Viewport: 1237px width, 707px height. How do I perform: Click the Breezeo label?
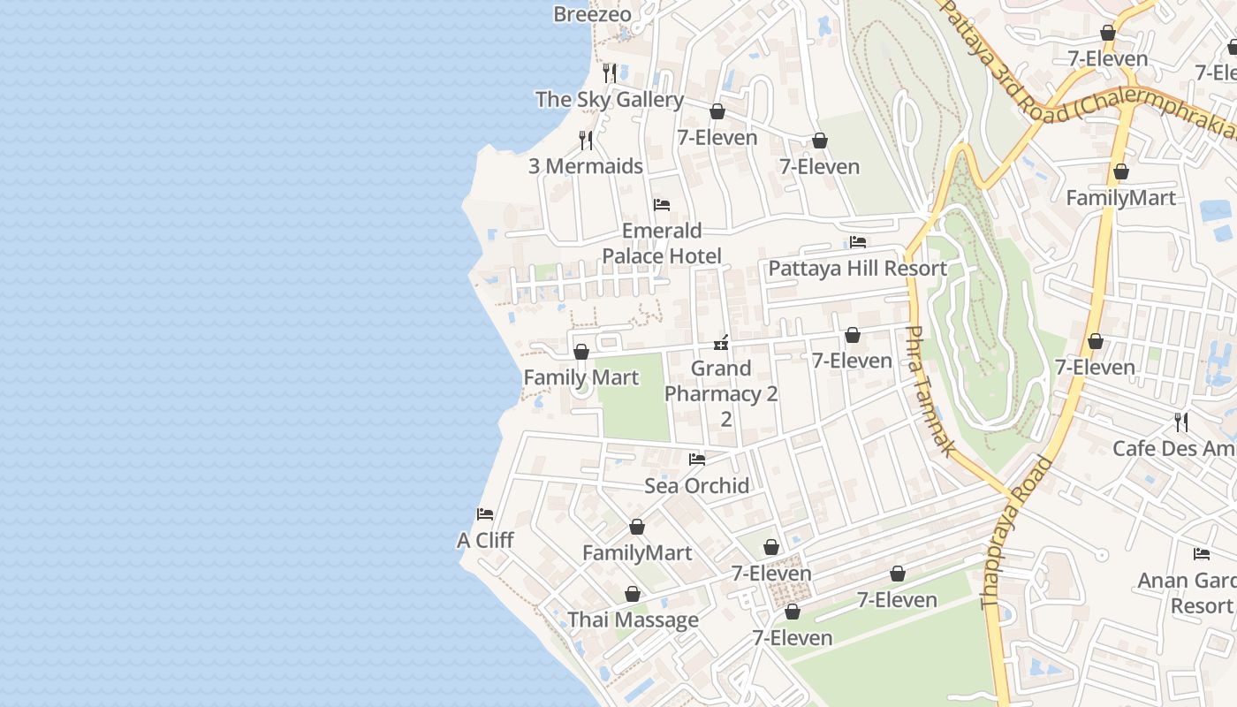click(592, 14)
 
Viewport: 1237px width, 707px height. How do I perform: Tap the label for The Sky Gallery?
click(609, 100)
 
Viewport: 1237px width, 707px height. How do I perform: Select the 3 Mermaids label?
click(585, 166)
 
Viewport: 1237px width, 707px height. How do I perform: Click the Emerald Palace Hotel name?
click(662, 243)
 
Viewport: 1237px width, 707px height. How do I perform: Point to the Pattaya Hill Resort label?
click(857, 269)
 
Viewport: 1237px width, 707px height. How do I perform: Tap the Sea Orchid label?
click(696, 485)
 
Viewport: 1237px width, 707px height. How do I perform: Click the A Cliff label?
click(484, 540)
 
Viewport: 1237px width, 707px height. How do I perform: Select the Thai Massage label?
click(633, 620)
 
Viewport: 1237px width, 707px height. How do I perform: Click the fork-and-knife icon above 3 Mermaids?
click(585, 141)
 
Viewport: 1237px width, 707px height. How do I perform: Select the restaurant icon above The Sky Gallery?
click(609, 72)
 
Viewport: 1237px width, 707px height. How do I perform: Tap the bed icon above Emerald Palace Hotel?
click(662, 205)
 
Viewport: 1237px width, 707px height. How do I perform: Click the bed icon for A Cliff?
click(484, 514)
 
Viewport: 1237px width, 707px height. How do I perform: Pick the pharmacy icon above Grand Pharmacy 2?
click(721, 343)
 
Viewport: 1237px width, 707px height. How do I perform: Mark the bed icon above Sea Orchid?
click(696, 460)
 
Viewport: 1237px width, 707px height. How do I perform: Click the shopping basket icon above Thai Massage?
click(633, 594)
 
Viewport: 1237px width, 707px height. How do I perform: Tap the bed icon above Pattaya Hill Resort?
click(857, 242)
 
